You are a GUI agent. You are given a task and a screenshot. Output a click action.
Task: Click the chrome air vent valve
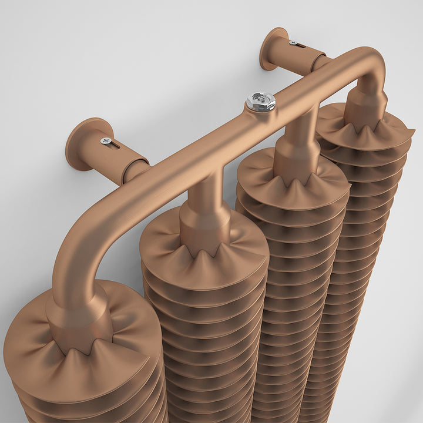click(261, 102)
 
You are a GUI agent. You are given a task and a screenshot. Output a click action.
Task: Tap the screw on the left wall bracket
click(106, 140)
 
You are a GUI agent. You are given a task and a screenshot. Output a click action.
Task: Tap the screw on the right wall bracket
click(292, 42)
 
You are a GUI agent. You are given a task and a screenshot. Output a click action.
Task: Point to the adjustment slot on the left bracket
click(115, 144)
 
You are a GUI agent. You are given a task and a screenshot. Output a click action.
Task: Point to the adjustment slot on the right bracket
click(300, 45)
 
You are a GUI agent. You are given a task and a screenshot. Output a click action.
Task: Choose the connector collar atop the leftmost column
click(79, 320)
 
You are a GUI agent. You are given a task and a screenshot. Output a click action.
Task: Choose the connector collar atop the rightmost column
click(365, 106)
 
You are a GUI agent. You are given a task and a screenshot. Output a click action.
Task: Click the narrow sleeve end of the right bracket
click(320, 62)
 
